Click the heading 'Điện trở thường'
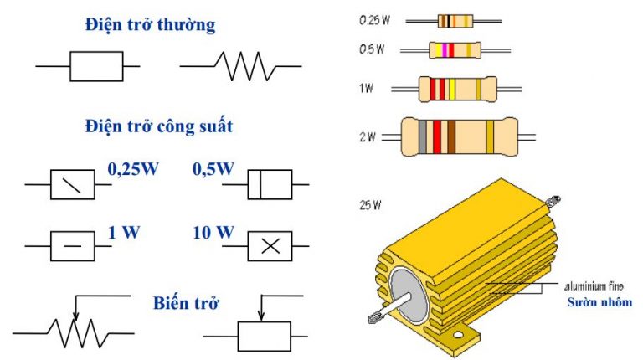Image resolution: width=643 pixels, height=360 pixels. (150, 25)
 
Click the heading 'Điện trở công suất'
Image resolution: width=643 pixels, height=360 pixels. (159, 126)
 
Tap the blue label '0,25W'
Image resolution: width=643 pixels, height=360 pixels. (133, 169)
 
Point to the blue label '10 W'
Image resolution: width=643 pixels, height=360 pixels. (213, 233)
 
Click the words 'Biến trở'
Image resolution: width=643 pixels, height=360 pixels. (186, 303)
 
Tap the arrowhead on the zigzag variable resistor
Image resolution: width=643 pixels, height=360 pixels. (75, 315)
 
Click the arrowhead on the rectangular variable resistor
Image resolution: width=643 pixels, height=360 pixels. (261, 316)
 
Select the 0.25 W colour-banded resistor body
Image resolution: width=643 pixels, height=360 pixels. (455, 21)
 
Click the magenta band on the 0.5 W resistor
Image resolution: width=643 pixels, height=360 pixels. (445, 50)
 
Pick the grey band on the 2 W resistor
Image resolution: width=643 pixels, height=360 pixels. (423, 137)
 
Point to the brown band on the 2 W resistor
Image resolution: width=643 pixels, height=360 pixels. (451, 137)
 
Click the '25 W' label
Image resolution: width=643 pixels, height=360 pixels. (370, 205)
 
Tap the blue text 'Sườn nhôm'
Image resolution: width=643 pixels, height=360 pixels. (599, 302)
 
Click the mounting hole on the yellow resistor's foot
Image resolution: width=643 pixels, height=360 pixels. (458, 336)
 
